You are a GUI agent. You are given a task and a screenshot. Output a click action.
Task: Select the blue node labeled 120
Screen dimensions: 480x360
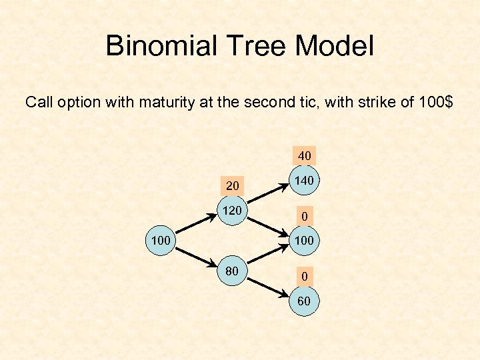point(232,211)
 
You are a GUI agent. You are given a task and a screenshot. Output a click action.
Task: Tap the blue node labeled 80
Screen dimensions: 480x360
point(232,271)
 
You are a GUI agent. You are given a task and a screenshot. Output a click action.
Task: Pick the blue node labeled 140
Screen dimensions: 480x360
point(304,181)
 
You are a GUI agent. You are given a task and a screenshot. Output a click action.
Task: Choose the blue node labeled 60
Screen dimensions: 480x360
point(304,301)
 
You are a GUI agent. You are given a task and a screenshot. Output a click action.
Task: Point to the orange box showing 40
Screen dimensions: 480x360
point(304,156)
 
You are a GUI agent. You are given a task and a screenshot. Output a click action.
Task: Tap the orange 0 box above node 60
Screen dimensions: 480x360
point(304,275)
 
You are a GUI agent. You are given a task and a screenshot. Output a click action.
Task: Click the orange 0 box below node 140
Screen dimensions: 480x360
point(304,216)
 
